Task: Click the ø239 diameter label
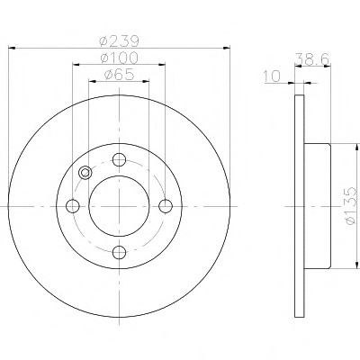pos(119,41)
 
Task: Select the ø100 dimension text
pos(119,58)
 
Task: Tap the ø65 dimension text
pos(119,75)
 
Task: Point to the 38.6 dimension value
pos(312,59)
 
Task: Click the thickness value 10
pos(272,76)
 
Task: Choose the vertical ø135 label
pos(350,206)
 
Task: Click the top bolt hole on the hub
pos(119,159)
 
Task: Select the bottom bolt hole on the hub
pos(119,253)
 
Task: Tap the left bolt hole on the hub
pos(73,206)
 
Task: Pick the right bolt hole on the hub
pos(166,206)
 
